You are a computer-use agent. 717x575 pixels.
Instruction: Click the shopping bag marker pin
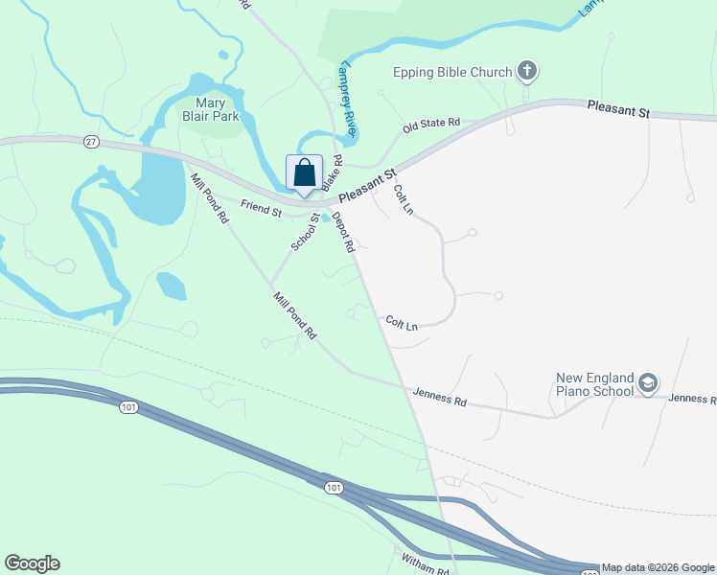[305, 173]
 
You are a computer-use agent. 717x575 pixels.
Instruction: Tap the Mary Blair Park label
[217, 110]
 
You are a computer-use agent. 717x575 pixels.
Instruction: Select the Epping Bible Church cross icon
[526, 70]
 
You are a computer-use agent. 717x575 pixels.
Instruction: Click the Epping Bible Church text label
[452, 72]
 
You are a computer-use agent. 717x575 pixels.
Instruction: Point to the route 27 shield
[91, 141]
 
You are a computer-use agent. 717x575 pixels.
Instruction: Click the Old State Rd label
[431, 125]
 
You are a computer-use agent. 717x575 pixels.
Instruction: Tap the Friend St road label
[261, 206]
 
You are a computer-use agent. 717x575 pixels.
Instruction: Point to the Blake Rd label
[331, 172]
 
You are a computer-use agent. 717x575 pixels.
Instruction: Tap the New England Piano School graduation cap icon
[648, 383]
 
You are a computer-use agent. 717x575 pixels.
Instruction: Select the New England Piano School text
[595, 384]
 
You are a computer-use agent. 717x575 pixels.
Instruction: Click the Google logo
[32, 563]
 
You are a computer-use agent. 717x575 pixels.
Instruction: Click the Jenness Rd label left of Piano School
[440, 397]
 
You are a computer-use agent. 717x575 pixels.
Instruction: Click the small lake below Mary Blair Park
[171, 285]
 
